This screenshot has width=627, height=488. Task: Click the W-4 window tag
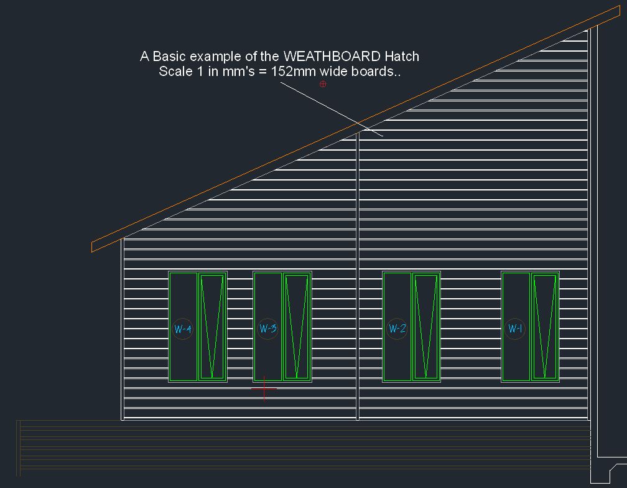coord(182,329)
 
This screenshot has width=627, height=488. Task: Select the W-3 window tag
coord(267,328)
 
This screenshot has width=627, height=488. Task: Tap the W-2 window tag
coord(397,328)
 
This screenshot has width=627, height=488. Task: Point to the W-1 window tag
coord(515,328)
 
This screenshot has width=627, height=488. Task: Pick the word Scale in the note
coord(175,71)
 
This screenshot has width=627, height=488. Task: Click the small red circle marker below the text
coord(323,84)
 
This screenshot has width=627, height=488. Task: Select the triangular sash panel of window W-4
coord(212,326)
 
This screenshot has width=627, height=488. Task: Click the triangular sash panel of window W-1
coord(545,326)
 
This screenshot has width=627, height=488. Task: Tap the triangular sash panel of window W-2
coord(426,326)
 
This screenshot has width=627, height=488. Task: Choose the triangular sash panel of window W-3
coord(297,326)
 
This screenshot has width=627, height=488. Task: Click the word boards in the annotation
coord(375,71)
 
